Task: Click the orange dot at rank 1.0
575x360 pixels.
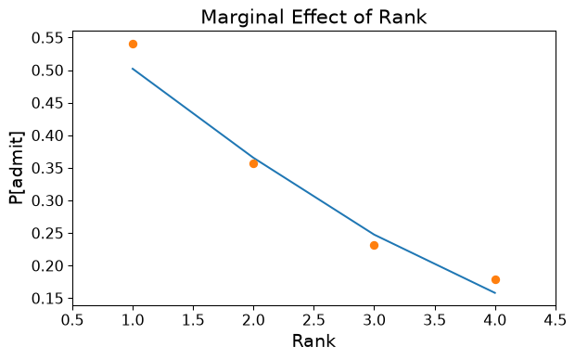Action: pos(134,44)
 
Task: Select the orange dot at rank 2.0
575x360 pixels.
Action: pos(253,163)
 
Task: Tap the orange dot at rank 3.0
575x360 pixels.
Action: pos(374,245)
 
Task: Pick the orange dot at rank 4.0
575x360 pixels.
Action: pos(495,279)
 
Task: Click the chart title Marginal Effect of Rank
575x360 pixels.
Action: pos(313,18)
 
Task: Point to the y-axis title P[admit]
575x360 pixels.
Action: pos(17,168)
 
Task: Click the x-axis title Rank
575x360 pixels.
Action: pos(313,341)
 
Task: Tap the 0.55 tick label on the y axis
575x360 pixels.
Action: pos(47,38)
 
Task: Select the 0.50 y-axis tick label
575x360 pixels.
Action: pos(47,71)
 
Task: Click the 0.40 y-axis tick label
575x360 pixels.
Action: pos(47,135)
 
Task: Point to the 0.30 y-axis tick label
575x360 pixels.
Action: pos(47,201)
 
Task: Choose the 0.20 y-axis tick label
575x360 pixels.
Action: pos(47,266)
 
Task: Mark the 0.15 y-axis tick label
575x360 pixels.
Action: pos(47,299)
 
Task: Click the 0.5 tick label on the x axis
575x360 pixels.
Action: pos(72,320)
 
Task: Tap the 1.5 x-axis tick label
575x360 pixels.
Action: pos(193,320)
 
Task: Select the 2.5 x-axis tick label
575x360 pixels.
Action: pos(313,320)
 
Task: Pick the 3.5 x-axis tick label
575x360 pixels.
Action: pos(435,320)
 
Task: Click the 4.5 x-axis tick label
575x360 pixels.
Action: pos(555,320)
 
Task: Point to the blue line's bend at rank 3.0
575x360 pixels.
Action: pos(374,234)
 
